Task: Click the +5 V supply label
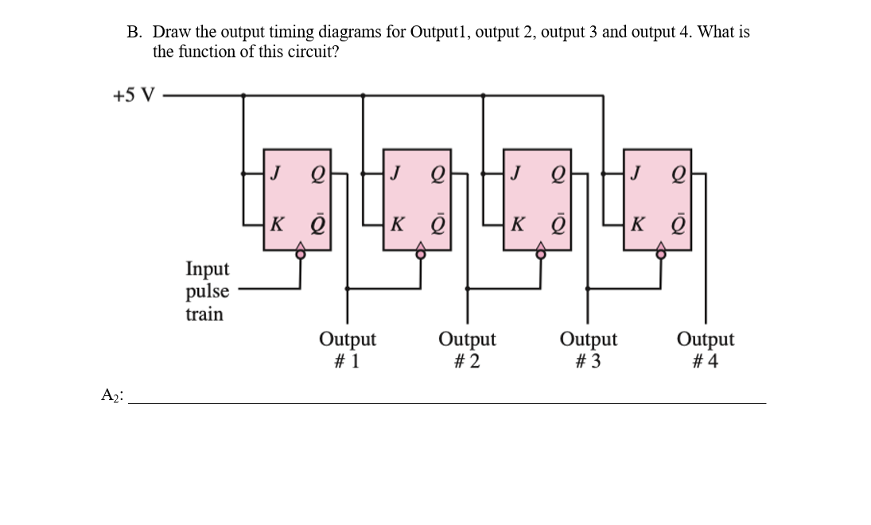[x=134, y=95]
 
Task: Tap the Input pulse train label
[x=207, y=291]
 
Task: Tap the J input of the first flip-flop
[x=275, y=171]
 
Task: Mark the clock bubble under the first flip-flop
[x=301, y=254]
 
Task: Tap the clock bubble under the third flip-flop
[x=541, y=254]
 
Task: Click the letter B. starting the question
[x=134, y=33]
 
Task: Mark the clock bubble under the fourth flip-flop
[x=661, y=254]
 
